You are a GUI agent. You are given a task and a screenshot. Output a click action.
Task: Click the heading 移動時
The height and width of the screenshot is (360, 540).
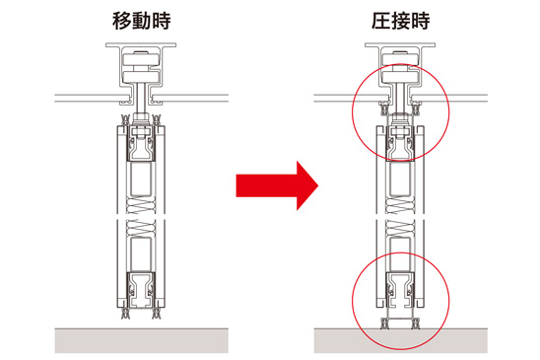click(x=141, y=21)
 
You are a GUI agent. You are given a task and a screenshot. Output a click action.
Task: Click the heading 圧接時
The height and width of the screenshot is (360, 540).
click(x=400, y=21)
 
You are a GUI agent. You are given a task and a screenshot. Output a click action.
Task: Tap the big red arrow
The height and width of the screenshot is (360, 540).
click(x=277, y=185)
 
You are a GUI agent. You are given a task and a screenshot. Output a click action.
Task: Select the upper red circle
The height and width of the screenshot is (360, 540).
click(x=353, y=112)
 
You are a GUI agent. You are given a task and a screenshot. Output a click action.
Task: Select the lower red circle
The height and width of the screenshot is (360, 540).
click(x=353, y=301)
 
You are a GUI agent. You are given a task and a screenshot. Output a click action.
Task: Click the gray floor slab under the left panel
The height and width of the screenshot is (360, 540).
click(x=141, y=340)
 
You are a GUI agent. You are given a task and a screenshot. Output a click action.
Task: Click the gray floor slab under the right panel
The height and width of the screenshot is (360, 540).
click(x=400, y=340)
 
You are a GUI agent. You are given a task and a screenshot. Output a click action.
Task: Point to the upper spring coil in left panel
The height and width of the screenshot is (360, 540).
click(x=141, y=205)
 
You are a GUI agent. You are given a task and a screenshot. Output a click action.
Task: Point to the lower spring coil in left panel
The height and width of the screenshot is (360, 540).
click(x=141, y=228)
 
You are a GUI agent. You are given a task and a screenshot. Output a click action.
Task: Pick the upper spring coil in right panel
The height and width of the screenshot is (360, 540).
click(x=400, y=205)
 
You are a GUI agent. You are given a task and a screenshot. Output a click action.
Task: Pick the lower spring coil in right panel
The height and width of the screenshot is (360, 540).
click(x=400, y=228)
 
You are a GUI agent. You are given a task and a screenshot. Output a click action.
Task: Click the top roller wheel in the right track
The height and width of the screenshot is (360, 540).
click(x=399, y=59)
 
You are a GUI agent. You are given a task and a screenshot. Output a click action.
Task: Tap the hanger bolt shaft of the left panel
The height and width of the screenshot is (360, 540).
click(x=141, y=98)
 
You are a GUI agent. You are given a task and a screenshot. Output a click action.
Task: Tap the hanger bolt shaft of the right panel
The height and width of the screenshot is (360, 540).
click(x=399, y=98)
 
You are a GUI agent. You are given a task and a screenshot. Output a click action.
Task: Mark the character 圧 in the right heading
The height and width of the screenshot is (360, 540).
click(x=381, y=21)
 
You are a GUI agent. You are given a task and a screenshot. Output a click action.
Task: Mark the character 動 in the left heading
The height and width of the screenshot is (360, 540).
click(x=142, y=21)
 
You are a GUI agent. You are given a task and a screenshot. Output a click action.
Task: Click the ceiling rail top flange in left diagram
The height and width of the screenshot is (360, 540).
click(x=141, y=44)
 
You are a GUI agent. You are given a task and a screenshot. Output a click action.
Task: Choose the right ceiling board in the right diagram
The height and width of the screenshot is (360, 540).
click(x=451, y=98)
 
